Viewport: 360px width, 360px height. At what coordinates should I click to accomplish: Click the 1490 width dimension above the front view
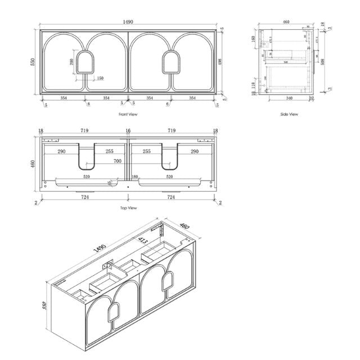tap(128, 22)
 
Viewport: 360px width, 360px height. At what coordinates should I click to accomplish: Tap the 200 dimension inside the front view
tap(72, 61)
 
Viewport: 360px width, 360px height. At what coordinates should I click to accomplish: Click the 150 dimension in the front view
tap(100, 79)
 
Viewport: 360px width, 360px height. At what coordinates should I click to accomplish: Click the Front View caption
tap(128, 115)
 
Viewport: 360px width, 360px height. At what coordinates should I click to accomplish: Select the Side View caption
tap(289, 115)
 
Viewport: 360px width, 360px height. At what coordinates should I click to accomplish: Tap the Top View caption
tap(129, 208)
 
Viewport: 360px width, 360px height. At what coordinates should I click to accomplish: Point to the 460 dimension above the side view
tap(286, 22)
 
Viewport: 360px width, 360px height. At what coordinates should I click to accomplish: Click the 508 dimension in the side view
tap(322, 62)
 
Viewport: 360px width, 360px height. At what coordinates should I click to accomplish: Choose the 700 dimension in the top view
tap(118, 161)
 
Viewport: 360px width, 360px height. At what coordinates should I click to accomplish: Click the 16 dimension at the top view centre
tap(128, 131)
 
